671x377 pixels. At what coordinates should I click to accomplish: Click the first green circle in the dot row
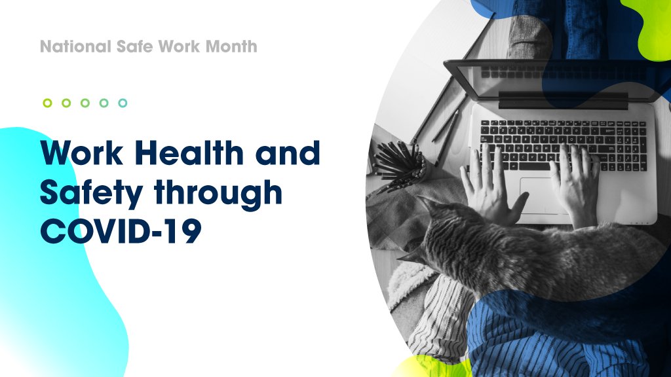[x=47, y=103]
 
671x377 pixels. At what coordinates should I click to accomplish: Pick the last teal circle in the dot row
[x=123, y=103]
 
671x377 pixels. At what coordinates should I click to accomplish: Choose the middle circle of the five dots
[x=85, y=103]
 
